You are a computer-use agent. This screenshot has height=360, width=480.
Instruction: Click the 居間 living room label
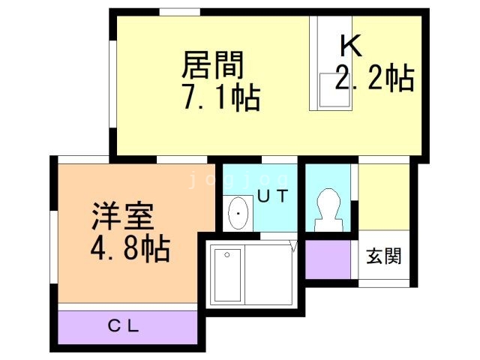click(x=212, y=66)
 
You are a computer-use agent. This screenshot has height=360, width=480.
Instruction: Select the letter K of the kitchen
click(x=350, y=46)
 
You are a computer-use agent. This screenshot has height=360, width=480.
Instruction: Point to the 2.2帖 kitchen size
click(x=375, y=79)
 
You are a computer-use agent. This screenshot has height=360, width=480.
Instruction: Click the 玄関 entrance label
click(x=384, y=256)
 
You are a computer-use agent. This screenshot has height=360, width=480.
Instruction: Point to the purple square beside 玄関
click(x=328, y=259)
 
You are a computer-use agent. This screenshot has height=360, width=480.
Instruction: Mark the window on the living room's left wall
click(x=112, y=83)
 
